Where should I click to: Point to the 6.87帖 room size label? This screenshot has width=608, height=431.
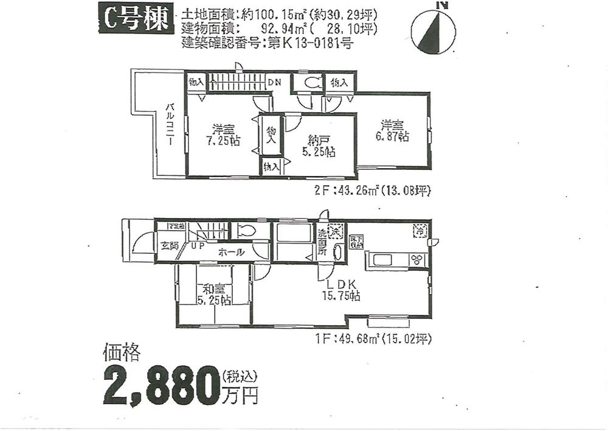click(x=395, y=137)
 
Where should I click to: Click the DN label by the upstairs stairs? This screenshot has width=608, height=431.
click(x=274, y=82)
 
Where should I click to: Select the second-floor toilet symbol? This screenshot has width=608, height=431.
click(x=310, y=83)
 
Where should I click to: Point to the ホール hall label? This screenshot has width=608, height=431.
click(x=231, y=251)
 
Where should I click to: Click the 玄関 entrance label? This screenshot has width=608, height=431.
click(x=169, y=246)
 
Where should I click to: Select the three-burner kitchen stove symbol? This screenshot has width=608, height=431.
click(x=417, y=260)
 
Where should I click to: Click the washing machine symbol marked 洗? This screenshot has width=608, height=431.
click(x=336, y=231)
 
